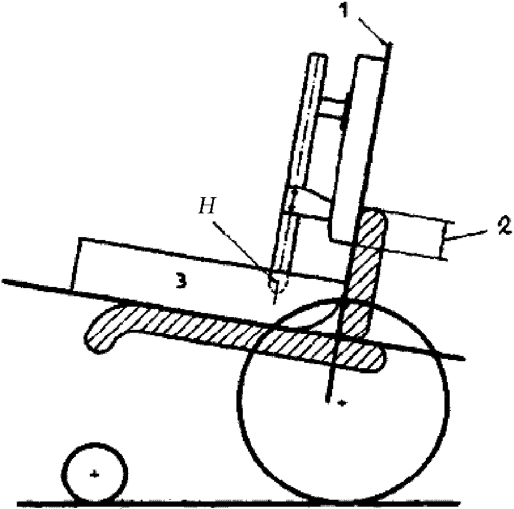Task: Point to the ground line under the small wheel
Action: click(174, 501)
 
